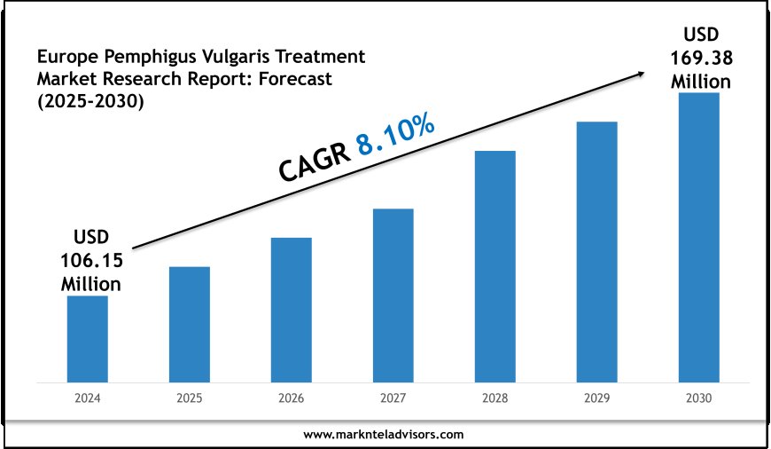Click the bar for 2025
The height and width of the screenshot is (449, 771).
pos(190,324)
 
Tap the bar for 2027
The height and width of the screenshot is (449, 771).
pos(393,295)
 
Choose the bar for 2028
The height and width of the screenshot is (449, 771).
pos(495,266)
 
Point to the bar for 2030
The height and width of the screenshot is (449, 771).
pos(699,237)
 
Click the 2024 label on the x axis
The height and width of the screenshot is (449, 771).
pos(88,399)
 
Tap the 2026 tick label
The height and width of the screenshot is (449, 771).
pos(292,399)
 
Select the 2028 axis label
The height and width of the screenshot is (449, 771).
pos(495,399)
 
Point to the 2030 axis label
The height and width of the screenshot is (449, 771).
pos(699,399)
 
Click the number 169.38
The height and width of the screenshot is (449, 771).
pos(700,59)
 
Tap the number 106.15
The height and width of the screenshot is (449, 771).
pos(91,262)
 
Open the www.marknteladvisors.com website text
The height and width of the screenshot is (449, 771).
pos(384,435)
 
